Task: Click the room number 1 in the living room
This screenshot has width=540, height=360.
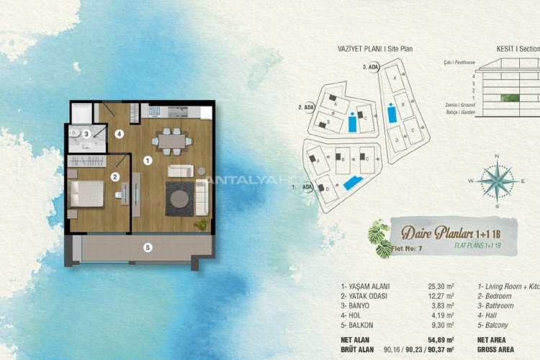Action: [147, 160]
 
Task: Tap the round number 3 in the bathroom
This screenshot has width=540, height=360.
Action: [86, 133]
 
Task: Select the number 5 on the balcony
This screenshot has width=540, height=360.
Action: [148, 248]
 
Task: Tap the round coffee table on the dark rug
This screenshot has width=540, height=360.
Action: [180, 197]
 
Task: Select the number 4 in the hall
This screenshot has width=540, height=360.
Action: [120, 133]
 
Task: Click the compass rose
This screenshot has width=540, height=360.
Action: [495, 177]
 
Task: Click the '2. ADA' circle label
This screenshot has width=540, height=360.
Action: [305, 108]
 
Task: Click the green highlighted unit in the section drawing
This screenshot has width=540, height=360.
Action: [510, 99]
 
